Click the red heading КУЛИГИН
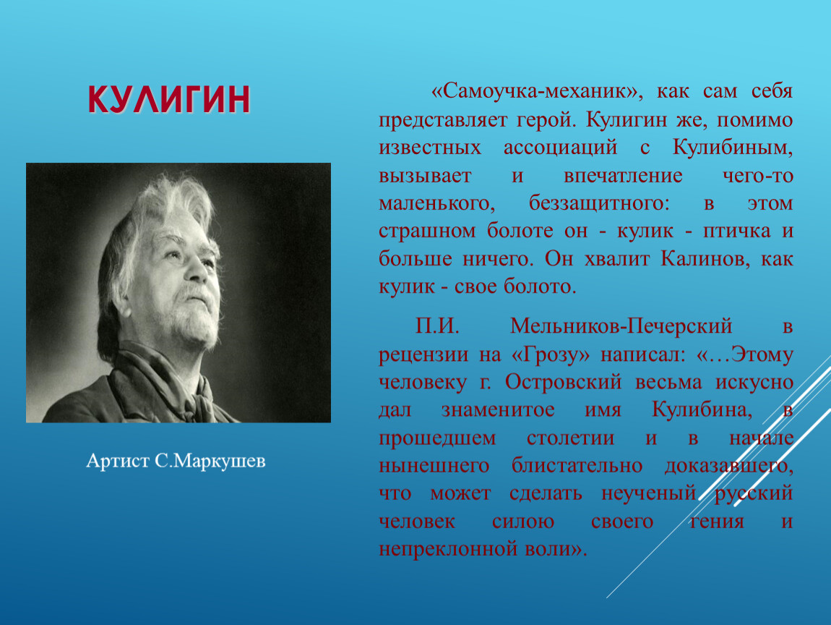click(168, 99)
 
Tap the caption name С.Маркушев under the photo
click(210, 461)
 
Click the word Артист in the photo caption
click(118, 461)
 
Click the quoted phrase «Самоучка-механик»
click(538, 91)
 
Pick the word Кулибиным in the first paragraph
click(733, 147)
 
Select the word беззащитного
click(599, 203)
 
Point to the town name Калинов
click(705, 259)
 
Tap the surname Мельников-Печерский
click(621, 326)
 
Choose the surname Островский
click(563, 382)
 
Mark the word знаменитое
click(498, 410)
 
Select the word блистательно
click(577, 465)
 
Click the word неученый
click(649, 493)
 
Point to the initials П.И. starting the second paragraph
click(436, 326)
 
